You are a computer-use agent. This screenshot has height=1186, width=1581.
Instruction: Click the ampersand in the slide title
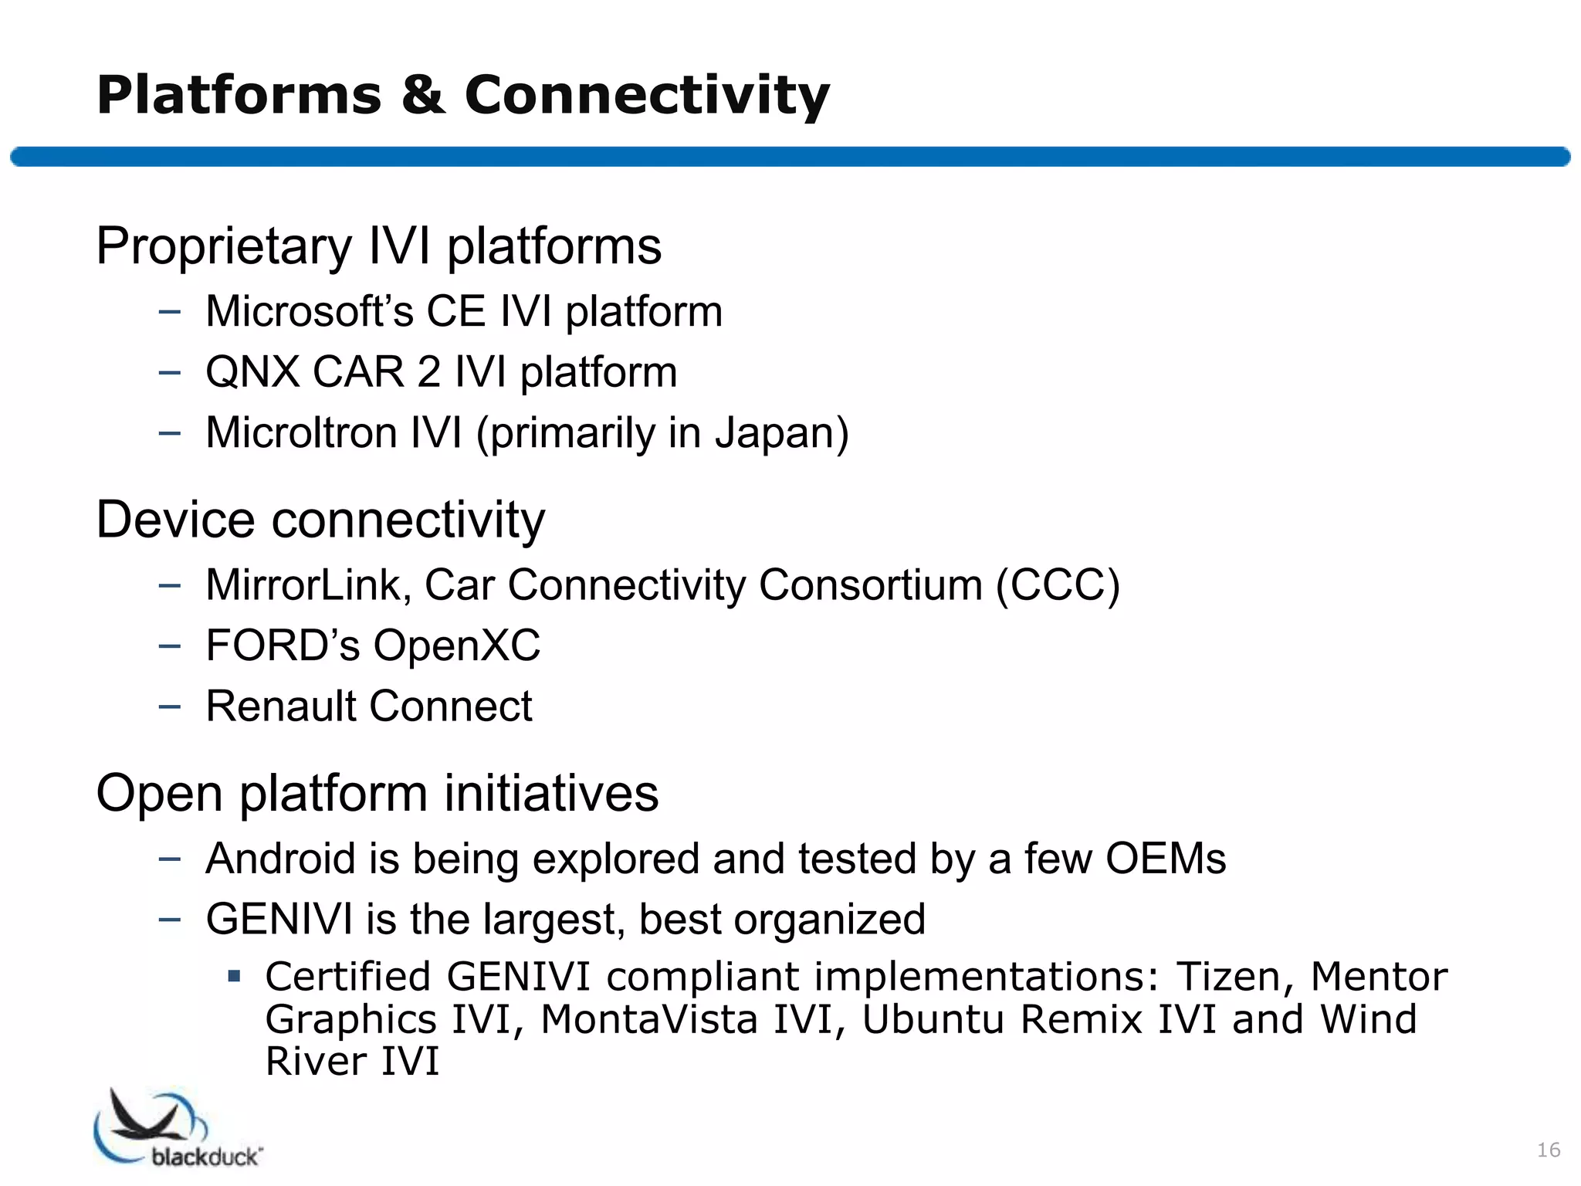423,96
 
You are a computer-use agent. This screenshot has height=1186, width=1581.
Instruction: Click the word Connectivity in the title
647,96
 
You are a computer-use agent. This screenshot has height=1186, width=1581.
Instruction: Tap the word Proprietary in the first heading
224,247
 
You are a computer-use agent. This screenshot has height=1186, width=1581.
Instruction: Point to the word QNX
252,372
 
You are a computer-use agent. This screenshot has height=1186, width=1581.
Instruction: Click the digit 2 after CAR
429,372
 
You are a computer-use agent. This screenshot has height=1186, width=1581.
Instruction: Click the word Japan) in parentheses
781,432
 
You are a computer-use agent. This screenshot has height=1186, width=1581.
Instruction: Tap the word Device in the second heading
175,520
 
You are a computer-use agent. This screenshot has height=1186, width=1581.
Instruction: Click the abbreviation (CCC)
1057,585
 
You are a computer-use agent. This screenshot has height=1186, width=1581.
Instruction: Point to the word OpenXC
457,646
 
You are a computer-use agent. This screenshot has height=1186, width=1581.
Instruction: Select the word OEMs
1166,859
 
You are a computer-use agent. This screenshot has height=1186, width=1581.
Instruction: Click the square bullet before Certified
235,977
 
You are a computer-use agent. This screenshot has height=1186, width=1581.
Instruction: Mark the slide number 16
1549,1150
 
